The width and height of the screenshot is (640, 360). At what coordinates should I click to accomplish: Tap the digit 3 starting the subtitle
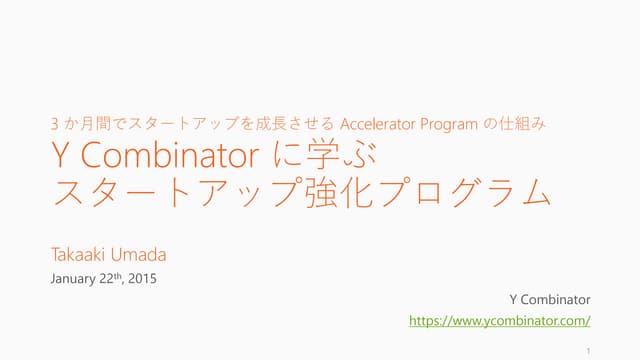tap(54, 125)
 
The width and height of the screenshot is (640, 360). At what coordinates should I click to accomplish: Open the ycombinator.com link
tap(501, 321)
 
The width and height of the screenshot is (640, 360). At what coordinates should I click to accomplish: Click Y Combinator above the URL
tap(550, 299)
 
